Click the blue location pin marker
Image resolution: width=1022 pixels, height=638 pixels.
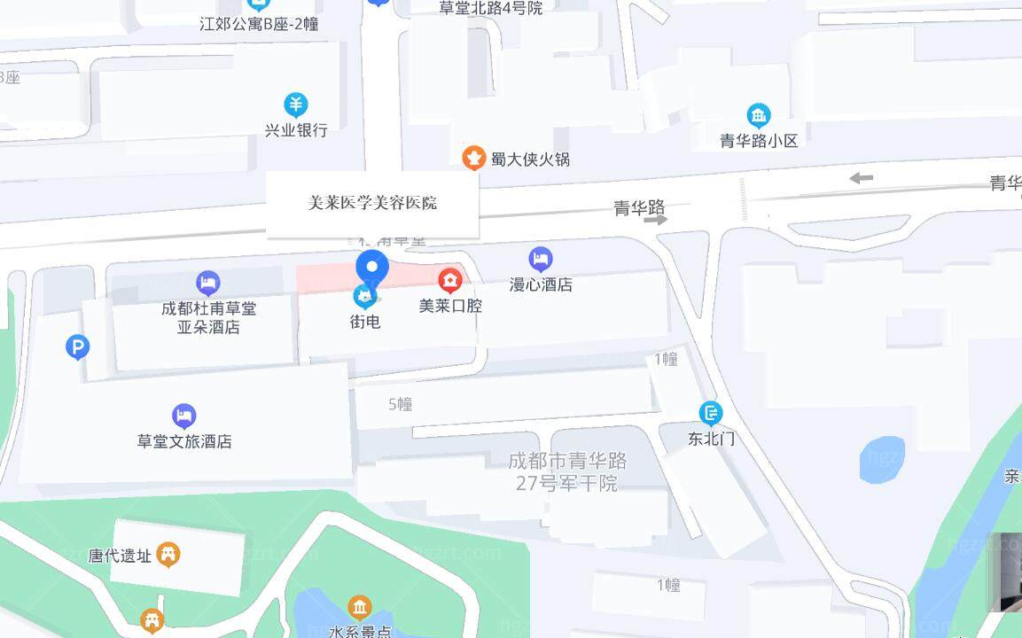(372, 266)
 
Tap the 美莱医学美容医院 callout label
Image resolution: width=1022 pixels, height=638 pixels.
(372, 204)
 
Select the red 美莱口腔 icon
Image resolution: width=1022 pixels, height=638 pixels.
(450, 281)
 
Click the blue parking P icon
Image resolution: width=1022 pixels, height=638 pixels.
(78, 347)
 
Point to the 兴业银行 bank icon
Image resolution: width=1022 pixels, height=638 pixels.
(296, 105)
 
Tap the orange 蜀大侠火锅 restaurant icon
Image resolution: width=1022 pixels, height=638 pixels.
(474, 158)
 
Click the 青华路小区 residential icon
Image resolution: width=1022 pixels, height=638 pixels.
(759, 115)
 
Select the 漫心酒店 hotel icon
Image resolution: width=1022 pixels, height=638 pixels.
(541, 260)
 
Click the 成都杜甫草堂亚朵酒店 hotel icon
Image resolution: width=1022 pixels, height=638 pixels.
(208, 284)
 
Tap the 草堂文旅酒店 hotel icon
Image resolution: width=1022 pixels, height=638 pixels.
(183, 416)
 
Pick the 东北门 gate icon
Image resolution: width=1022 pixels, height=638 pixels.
(711, 413)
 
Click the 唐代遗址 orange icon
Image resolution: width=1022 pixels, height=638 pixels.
(168, 555)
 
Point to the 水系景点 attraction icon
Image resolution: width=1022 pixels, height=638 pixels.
(360, 607)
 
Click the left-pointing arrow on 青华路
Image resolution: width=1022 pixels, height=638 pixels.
(861, 178)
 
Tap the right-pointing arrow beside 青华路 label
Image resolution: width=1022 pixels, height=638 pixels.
(656, 219)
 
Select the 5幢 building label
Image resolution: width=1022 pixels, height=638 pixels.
(401, 404)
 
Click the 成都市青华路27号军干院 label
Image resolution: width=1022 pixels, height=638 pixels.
(567, 472)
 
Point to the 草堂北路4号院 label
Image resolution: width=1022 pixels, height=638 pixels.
(490, 8)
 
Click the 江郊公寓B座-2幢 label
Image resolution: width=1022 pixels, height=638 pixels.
(259, 24)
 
